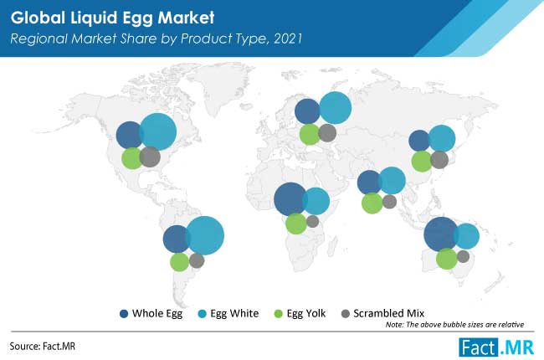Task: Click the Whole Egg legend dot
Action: pos(124,314)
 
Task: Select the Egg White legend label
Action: pos(234,313)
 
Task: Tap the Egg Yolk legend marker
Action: pos(278,314)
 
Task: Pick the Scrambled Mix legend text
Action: pos(388,313)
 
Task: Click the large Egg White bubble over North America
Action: pos(158,132)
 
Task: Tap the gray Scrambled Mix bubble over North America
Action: pos(150,157)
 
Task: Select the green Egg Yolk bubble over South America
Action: pos(180,262)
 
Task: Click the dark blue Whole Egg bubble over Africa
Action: pos(290,199)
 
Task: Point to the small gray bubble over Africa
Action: pos(312,221)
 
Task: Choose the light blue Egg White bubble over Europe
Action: pos(335,108)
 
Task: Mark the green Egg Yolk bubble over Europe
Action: pos(310,134)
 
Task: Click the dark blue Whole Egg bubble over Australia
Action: pos(441,234)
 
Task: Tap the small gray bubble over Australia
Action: pos(463,256)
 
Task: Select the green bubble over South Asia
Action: pos(372,203)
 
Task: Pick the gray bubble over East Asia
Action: pos(439,160)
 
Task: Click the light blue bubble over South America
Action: pos(205,235)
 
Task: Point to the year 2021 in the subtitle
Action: pos(288,39)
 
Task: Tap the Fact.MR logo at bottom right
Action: pos(496,347)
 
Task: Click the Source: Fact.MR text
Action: pos(43,346)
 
